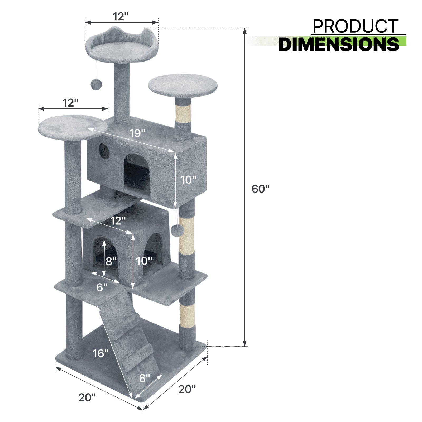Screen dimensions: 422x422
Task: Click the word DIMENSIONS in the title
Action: point(339,44)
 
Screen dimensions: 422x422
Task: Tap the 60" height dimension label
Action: point(260,189)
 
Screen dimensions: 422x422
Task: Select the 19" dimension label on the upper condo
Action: point(137,133)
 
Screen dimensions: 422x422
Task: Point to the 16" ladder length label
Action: point(100,353)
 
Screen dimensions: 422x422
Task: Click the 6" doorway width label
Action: point(102,287)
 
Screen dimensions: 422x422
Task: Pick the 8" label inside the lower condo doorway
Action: point(111,261)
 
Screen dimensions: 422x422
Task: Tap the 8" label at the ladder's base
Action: point(145,378)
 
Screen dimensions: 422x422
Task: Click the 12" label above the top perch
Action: point(121,16)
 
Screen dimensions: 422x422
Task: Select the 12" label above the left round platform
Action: point(70,103)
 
